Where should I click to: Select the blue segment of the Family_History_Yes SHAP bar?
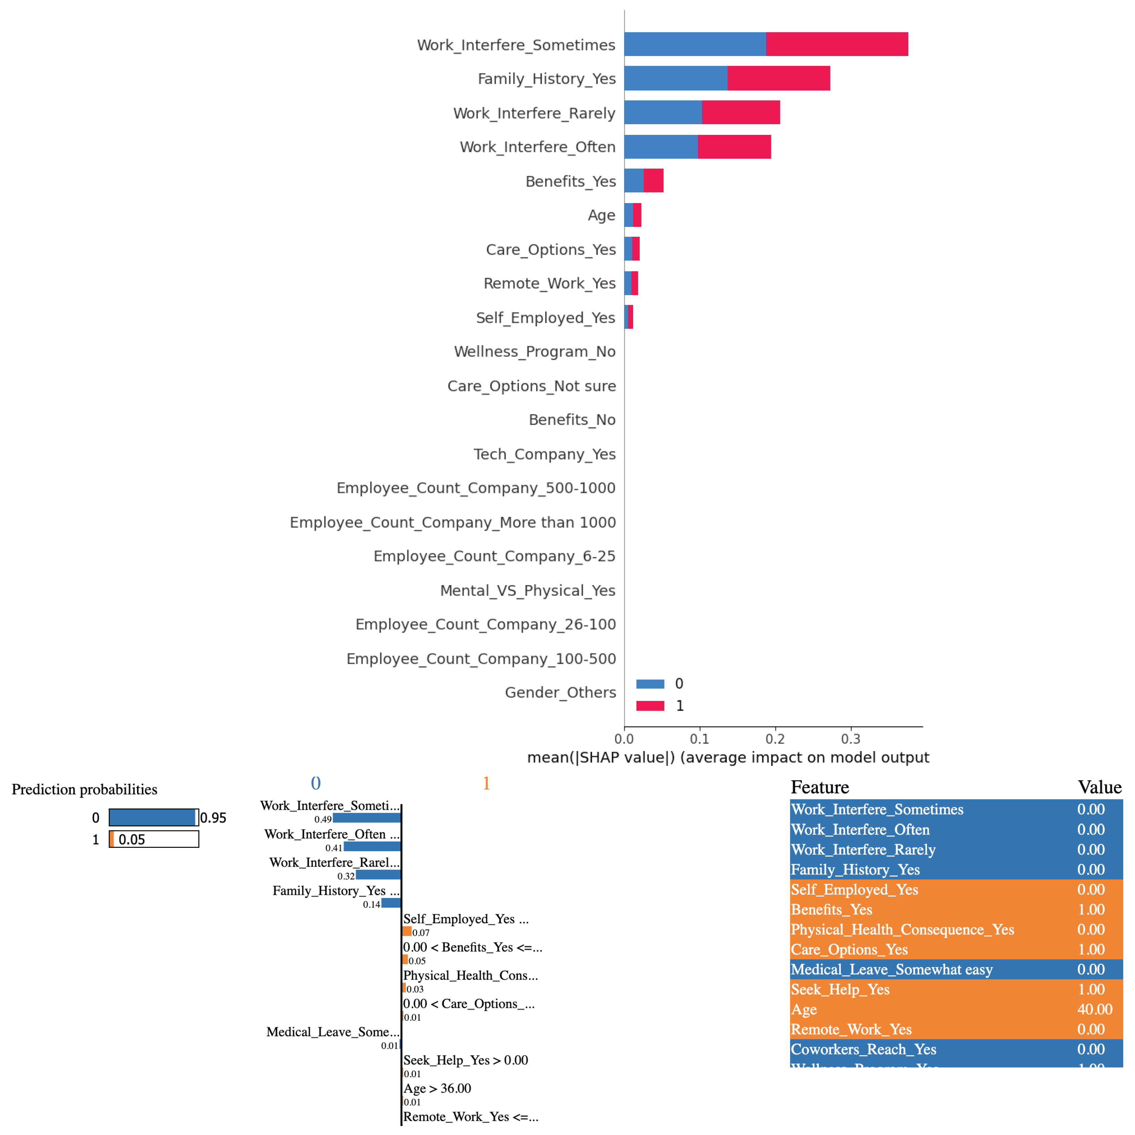pos(676,78)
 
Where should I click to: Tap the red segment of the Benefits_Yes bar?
pos(653,180)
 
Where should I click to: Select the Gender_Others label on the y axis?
pos(560,693)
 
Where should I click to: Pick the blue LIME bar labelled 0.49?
pos(367,818)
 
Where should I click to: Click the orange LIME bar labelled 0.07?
pos(406,931)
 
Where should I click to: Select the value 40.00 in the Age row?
pos(1095,1009)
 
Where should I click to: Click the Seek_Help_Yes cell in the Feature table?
pos(840,989)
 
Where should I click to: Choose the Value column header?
pos(1099,787)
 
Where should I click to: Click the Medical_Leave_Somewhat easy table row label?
pos(891,969)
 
